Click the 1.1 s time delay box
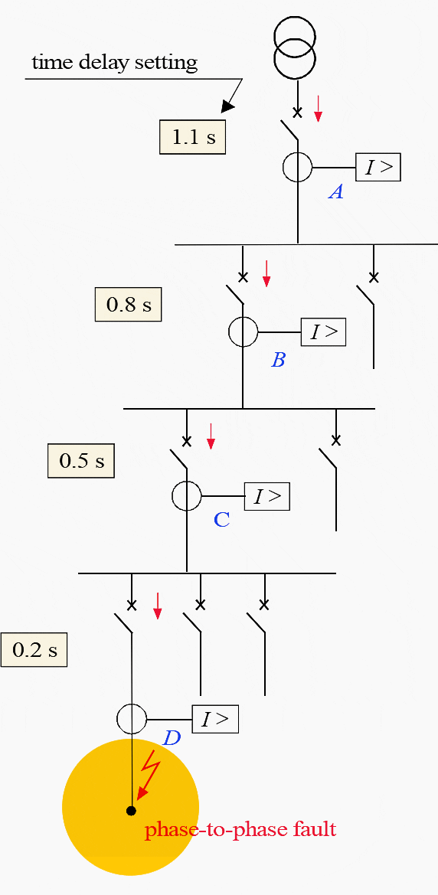click(x=192, y=137)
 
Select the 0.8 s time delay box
click(x=128, y=305)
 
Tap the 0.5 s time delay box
click(x=81, y=461)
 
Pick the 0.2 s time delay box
click(x=34, y=650)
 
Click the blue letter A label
click(x=335, y=192)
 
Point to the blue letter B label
click(x=278, y=360)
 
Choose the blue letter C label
click(x=221, y=520)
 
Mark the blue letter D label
click(x=172, y=739)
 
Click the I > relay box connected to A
click(x=378, y=166)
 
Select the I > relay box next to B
click(x=323, y=332)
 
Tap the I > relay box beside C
click(x=267, y=496)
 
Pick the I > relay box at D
click(x=215, y=719)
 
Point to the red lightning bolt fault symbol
click(x=149, y=772)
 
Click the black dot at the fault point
click(x=132, y=811)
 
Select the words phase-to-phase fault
click(x=240, y=829)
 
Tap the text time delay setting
click(x=114, y=62)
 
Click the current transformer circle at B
click(x=244, y=332)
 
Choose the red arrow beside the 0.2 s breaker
click(x=158, y=605)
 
